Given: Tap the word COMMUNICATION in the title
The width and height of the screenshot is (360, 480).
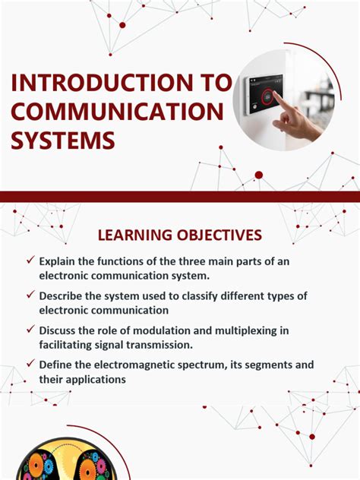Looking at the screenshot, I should [117, 111].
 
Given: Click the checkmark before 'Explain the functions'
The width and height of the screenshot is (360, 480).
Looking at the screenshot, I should [30, 261].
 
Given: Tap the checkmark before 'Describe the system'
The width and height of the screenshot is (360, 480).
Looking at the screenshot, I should [30, 295].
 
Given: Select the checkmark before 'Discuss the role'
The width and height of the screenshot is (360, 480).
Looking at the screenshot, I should [30, 330].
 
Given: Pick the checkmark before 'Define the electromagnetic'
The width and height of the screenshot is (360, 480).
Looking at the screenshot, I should [30, 364].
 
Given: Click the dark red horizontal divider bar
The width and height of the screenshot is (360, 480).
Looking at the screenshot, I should [180, 196].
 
